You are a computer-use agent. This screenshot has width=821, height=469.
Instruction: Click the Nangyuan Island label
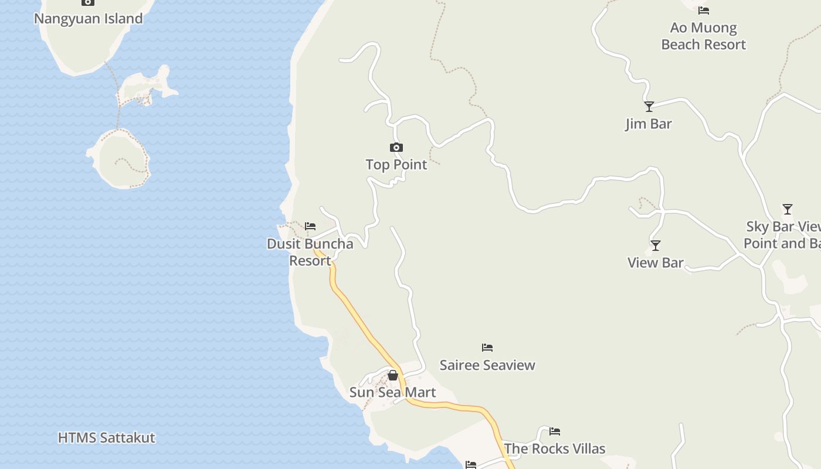point(88,18)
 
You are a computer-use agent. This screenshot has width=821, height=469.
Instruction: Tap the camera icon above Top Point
point(396,147)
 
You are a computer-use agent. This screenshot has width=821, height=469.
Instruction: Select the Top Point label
point(396,165)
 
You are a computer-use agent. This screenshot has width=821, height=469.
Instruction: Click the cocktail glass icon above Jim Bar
point(649,107)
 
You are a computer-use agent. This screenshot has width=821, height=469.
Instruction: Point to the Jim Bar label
point(649,124)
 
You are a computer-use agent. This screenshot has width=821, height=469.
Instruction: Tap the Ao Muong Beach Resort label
point(703,36)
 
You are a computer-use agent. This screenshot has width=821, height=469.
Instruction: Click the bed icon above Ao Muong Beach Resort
point(704,10)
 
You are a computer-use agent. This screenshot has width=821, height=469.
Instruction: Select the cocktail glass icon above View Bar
point(656,246)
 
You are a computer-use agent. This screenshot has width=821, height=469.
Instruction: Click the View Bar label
point(656,263)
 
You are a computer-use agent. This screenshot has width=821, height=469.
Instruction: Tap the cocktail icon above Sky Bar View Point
point(788,209)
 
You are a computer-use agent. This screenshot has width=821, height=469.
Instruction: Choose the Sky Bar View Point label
point(782,235)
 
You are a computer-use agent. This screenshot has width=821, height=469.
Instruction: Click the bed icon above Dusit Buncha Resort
point(310,226)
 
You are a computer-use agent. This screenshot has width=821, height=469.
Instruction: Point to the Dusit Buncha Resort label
point(310,252)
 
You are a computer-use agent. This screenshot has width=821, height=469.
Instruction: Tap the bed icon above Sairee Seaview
point(487,348)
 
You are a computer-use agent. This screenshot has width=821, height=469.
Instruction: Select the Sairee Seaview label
point(487,365)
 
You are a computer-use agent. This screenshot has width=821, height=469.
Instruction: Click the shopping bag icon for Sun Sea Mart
point(393,375)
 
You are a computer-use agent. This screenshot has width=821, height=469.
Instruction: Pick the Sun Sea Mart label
point(393,392)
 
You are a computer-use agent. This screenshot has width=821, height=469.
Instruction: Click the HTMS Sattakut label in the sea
point(107,438)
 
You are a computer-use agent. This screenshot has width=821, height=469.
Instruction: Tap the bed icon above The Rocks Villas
point(555,432)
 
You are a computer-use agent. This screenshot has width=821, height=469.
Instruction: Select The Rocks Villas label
point(555,449)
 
